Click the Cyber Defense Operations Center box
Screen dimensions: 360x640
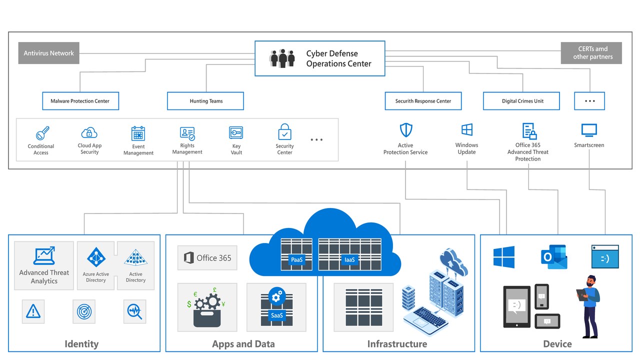pos(320,58)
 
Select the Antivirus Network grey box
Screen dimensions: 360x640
pos(49,53)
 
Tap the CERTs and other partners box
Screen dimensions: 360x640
pos(591,53)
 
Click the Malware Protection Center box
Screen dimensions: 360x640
pos(80,101)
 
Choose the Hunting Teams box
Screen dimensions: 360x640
pos(205,101)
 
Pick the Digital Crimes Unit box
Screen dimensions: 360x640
pos(521,101)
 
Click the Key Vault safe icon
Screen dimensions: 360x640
pos(236,132)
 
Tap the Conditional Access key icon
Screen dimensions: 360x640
pos(42,133)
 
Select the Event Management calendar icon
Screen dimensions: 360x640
pos(138,133)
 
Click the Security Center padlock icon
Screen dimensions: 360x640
pos(284,132)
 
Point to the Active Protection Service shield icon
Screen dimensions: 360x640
pos(406,130)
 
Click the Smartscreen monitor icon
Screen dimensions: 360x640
pos(589,130)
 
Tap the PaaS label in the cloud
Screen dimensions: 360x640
pos(297,259)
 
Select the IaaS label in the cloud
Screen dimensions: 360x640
pos(349,259)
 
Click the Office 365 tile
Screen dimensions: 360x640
pos(207,258)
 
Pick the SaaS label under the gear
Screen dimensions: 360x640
pos(276,315)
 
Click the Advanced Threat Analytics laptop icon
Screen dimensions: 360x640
pos(44,256)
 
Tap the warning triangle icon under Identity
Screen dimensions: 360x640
pos(33,311)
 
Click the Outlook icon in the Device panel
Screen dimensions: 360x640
pos(553,257)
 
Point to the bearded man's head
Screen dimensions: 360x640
pos(592,281)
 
